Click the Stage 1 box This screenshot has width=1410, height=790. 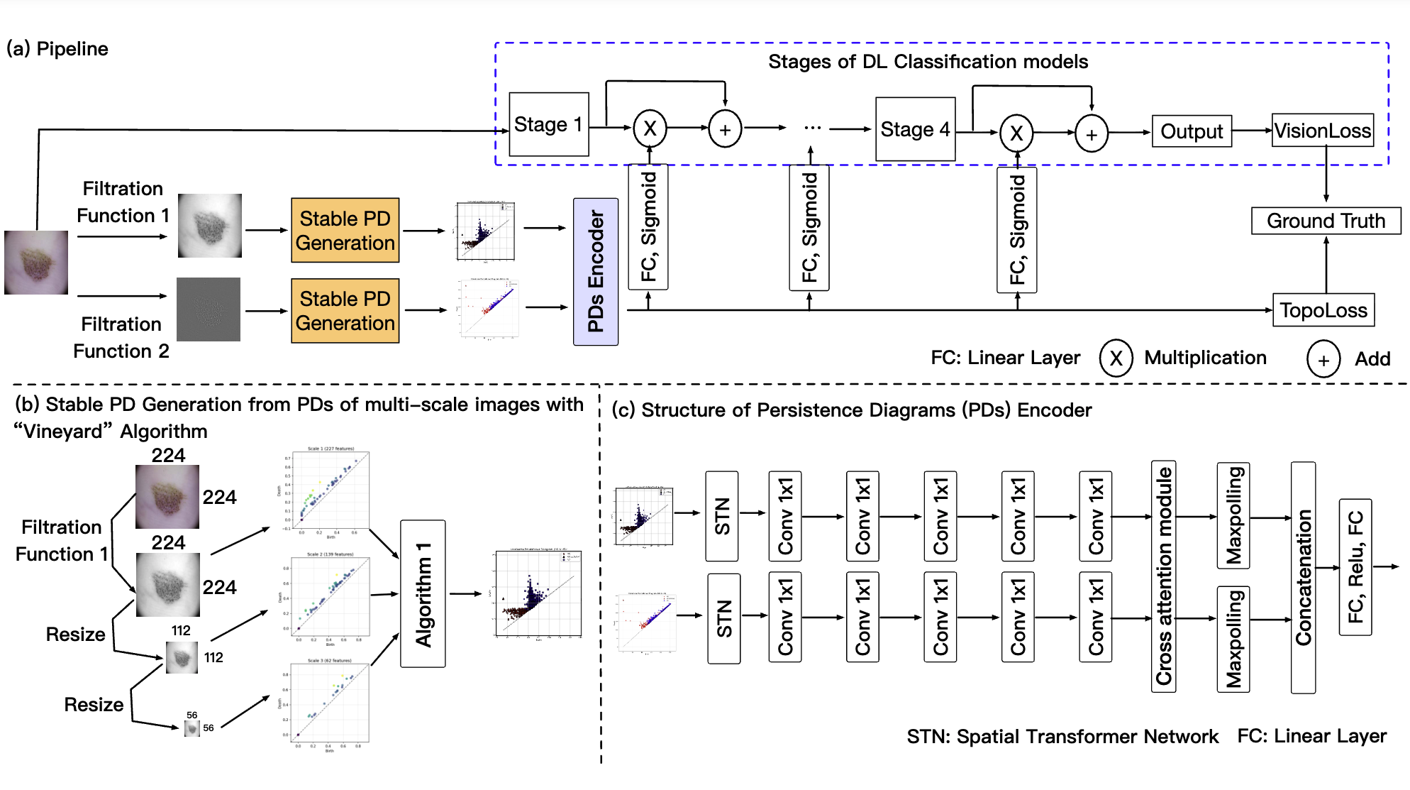point(549,125)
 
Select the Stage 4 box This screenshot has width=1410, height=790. point(915,129)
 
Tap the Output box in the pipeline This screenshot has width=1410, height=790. point(1192,131)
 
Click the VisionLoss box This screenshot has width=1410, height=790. point(1322,131)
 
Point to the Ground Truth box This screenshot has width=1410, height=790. point(1326,221)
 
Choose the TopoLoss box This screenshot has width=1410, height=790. point(1323,310)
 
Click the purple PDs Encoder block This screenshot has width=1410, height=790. point(596,272)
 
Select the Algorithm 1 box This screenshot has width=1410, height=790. point(423,594)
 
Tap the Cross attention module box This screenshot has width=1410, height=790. point(1164,576)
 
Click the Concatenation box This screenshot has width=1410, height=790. point(1304,577)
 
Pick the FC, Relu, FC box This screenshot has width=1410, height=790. point(1355,567)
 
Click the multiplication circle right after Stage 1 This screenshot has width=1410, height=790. point(650,128)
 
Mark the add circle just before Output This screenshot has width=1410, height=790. point(1092,134)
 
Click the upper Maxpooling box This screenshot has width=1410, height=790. point(1233,515)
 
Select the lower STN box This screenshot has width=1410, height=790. point(723,618)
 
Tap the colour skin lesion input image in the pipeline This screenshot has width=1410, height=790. point(36,262)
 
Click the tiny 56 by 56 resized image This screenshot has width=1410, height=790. point(192,728)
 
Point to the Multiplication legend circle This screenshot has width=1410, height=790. point(1116,358)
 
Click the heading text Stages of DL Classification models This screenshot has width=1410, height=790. point(928,62)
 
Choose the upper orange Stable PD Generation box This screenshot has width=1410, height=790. point(345,231)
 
